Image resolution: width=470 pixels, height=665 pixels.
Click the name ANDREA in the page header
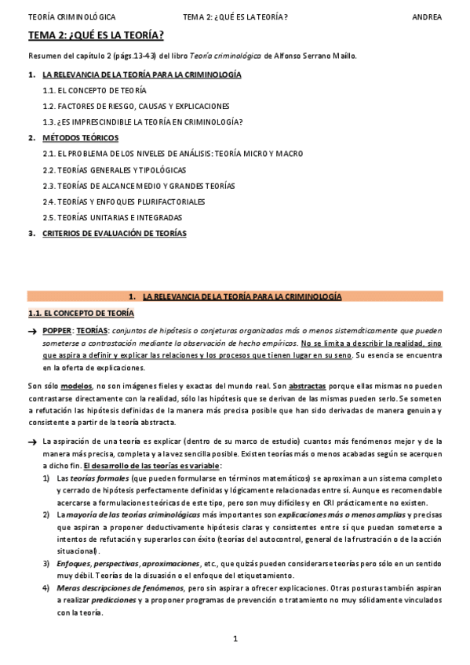[x=427, y=16]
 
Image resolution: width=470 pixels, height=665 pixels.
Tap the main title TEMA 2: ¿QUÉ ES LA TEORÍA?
[x=96, y=35]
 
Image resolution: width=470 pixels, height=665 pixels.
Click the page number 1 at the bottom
[x=235, y=638]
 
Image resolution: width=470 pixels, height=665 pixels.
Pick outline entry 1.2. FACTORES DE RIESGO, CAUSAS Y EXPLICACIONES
[x=136, y=106]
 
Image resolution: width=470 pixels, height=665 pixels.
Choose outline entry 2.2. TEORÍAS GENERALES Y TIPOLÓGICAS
[x=114, y=169]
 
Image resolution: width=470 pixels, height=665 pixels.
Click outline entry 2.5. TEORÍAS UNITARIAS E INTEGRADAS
[x=112, y=217]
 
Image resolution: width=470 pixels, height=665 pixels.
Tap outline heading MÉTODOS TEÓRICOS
[x=75, y=138]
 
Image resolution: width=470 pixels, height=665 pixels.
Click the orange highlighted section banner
[x=235, y=296]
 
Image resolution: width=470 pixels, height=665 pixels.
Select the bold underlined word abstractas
[x=311, y=386]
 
